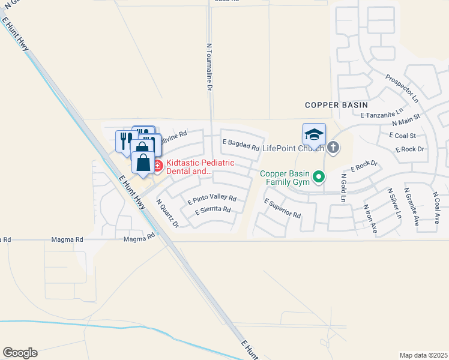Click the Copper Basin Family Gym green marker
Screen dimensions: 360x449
point(319,176)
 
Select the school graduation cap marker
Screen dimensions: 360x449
point(314,135)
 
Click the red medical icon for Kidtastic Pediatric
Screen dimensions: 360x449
point(157,165)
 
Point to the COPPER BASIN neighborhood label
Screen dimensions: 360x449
point(336,104)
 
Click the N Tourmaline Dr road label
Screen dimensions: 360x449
point(209,66)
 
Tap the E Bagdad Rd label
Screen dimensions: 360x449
point(241,145)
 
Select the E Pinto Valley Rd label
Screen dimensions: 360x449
point(212,199)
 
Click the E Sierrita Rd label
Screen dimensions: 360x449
point(213,211)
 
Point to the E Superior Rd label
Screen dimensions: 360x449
point(282,210)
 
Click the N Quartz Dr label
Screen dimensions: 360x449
point(167,214)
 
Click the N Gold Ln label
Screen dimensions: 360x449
point(343,188)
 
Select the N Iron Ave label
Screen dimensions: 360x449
point(369,219)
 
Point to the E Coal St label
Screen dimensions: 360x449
point(403,136)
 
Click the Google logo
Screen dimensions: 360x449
point(20,353)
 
